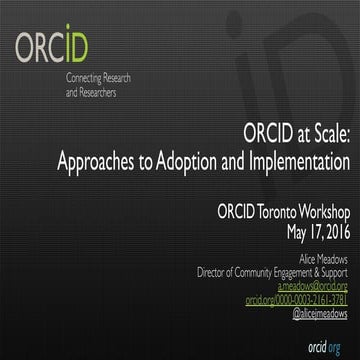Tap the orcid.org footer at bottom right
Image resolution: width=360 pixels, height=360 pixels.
coord(327,342)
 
